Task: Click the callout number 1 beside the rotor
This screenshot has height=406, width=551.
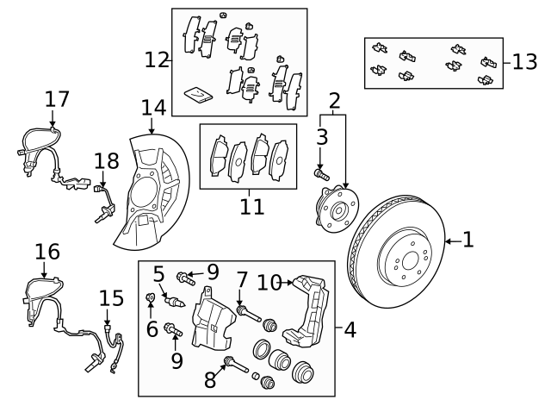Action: (x=468, y=240)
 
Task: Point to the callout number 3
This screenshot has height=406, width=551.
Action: (x=322, y=137)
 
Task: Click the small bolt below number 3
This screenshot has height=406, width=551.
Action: (x=322, y=174)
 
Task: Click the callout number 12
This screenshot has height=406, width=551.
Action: (x=157, y=59)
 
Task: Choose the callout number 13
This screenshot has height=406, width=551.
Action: (x=524, y=62)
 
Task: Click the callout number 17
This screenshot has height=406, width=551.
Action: (x=57, y=99)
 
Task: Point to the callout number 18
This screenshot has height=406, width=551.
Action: (x=106, y=161)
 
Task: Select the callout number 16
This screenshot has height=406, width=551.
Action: (x=48, y=252)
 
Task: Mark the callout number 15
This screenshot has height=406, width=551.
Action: (x=111, y=298)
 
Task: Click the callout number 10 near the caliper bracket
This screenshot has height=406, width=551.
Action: (x=269, y=281)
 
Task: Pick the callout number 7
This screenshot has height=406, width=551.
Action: (x=242, y=280)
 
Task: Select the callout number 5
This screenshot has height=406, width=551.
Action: (x=159, y=275)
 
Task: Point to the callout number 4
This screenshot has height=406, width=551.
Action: (x=350, y=330)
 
